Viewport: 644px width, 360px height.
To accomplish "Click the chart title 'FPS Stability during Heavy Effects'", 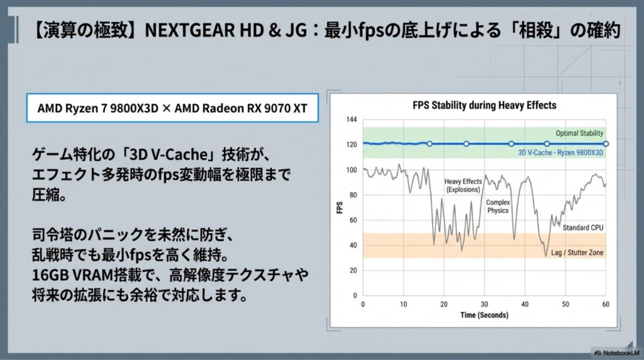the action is [x=484, y=106].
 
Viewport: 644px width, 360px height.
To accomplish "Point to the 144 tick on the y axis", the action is [x=352, y=120].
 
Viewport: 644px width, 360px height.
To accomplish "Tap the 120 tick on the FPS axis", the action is [x=352, y=145].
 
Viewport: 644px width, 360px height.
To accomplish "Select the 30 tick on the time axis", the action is [x=484, y=305].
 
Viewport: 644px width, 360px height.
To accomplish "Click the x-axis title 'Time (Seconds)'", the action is [x=484, y=315].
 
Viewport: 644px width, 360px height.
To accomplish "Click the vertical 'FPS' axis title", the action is [x=339, y=208].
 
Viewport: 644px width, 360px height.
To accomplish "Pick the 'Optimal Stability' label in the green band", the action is [x=579, y=133].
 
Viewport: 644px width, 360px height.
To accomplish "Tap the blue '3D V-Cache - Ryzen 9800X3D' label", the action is [x=560, y=153].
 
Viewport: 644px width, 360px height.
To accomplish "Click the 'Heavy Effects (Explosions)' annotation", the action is [x=463, y=185].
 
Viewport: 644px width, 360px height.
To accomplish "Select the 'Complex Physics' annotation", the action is [x=498, y=206].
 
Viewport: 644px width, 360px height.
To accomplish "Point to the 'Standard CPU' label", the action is [x=583, y=228].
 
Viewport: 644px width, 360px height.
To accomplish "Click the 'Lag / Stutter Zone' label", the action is [x=577, y=253].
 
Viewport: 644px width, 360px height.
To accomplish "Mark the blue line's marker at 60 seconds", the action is [x=606, y=144].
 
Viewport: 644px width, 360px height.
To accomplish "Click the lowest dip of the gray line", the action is [x=546, y=256].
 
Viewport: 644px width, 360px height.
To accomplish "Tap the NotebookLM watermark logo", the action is [x=598, y=352].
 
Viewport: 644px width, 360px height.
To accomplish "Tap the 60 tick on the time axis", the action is [x=606, y=305].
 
